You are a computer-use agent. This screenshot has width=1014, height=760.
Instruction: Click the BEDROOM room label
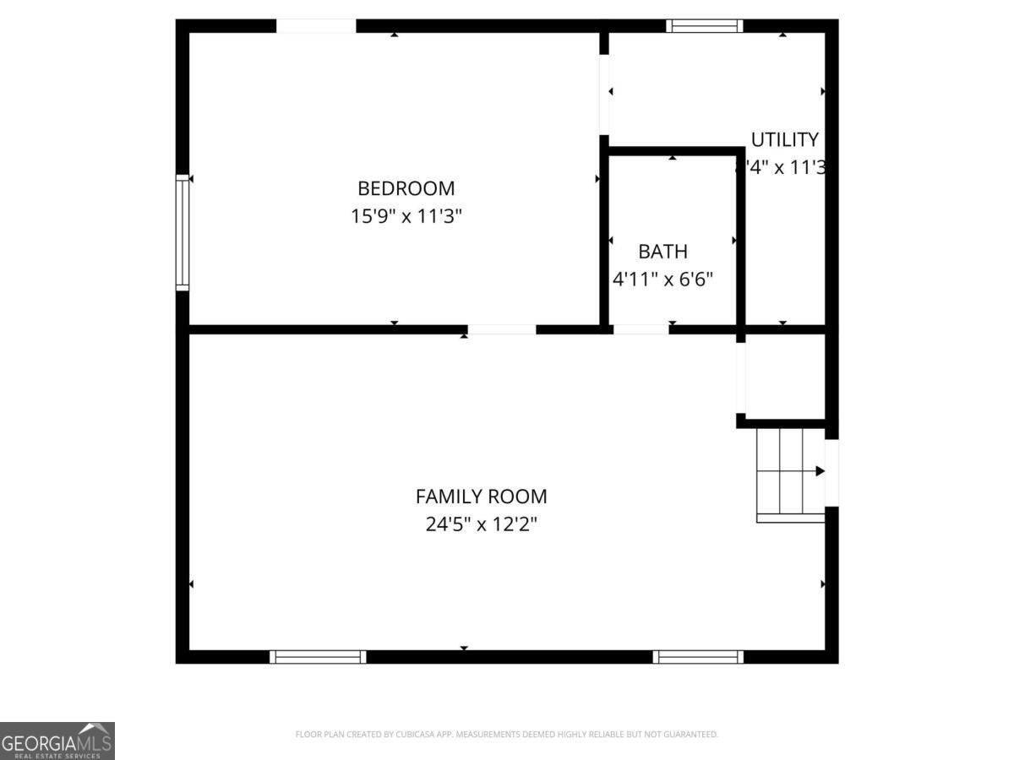(406, 188)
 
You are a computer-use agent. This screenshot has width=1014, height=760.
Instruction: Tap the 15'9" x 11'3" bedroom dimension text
(406, 216)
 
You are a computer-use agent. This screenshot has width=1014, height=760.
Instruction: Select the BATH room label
(662, 252)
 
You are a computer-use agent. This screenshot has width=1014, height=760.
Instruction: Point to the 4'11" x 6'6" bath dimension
(662, 279)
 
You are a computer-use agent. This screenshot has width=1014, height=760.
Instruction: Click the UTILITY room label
(784, 139)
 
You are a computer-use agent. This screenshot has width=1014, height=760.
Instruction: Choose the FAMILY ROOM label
(481, 497)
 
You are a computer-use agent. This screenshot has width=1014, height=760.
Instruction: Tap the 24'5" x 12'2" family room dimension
(481, 524)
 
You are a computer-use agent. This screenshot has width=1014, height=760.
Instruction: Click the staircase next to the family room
(789, 473)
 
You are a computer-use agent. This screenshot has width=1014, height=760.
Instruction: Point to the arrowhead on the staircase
(819, 471)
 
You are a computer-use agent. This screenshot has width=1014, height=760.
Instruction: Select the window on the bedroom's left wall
(182, 232)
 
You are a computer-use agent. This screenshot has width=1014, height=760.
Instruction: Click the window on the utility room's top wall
(704, 26)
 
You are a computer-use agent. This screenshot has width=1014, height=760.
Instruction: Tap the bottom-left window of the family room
(318, 656)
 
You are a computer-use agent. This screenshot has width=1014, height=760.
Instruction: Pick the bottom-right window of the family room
(698, 656)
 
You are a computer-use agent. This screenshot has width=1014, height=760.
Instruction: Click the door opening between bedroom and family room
(502, 329)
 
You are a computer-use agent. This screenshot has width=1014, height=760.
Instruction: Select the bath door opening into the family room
(641, 329)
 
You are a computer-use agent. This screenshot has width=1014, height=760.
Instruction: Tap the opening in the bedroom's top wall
(316, 26)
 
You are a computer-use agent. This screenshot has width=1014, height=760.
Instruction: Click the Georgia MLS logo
(57, 741)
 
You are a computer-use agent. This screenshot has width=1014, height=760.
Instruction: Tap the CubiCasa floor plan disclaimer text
(506, 735)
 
